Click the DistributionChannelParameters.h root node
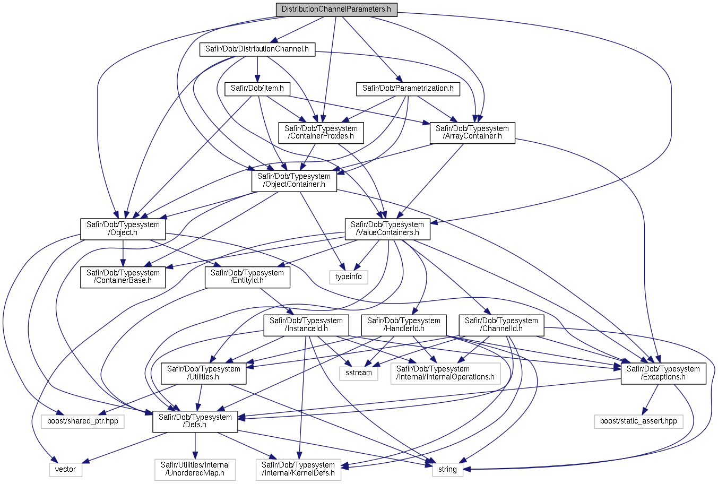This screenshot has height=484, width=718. [x=336, y=9]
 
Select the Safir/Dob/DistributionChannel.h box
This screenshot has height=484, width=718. [x=257, y=49]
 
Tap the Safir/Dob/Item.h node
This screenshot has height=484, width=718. [x=257, y=89]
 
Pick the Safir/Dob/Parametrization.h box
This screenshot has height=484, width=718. [x=408, y=89]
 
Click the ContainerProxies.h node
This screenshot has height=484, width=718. [x=321, y=133]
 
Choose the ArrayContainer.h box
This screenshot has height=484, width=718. [x=472, y=133]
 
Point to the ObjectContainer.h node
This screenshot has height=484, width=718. [x=293, y=180]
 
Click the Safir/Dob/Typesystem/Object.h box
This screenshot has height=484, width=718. [x=123, y=229]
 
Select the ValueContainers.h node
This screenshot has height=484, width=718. [x=387, y=229]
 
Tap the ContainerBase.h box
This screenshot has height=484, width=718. [x=123, y=277]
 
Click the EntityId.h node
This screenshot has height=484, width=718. [x=247, y=277]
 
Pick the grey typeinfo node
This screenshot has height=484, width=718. [x=348, y=277]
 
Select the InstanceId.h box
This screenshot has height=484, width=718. [x=306, y=325]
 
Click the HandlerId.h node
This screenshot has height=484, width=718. [x=403, y=325]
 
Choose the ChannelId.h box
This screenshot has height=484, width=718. [x=501, y=325]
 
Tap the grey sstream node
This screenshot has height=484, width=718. [x=359, y=373]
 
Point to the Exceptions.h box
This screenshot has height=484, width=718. [x=663, y=373]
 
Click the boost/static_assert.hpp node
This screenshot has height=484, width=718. [x=638, y=421]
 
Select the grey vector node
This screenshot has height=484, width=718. [x=66, y=470]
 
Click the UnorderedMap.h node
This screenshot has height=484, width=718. [x=195, y=469]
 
